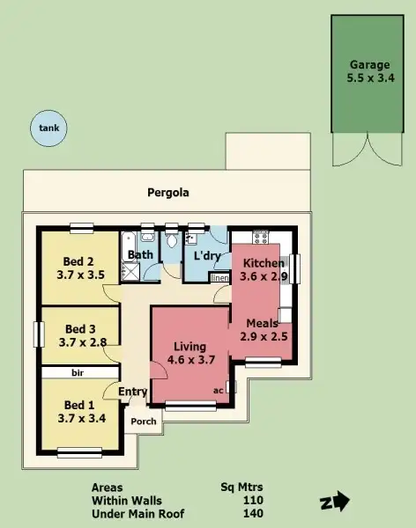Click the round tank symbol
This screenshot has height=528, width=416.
tap(48, 128)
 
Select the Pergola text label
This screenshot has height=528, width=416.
tap(167, 192)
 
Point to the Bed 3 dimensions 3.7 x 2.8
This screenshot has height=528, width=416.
tap(82, 342)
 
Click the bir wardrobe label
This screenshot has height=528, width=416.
tap(78, 373)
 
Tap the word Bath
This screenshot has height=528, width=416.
tap(141, 256)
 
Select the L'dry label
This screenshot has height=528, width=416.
tap(206, 256)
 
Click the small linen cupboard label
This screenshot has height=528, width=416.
tap(219, 278)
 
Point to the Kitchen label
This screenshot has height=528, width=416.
tap(264, 263)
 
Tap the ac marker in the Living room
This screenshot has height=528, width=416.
tap(218, 389)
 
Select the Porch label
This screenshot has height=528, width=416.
tap(144, 422)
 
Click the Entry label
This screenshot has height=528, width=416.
tap(133, 392)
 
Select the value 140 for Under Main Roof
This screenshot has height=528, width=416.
tap(253, 514)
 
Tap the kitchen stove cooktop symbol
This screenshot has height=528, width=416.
tap(261, 236)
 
